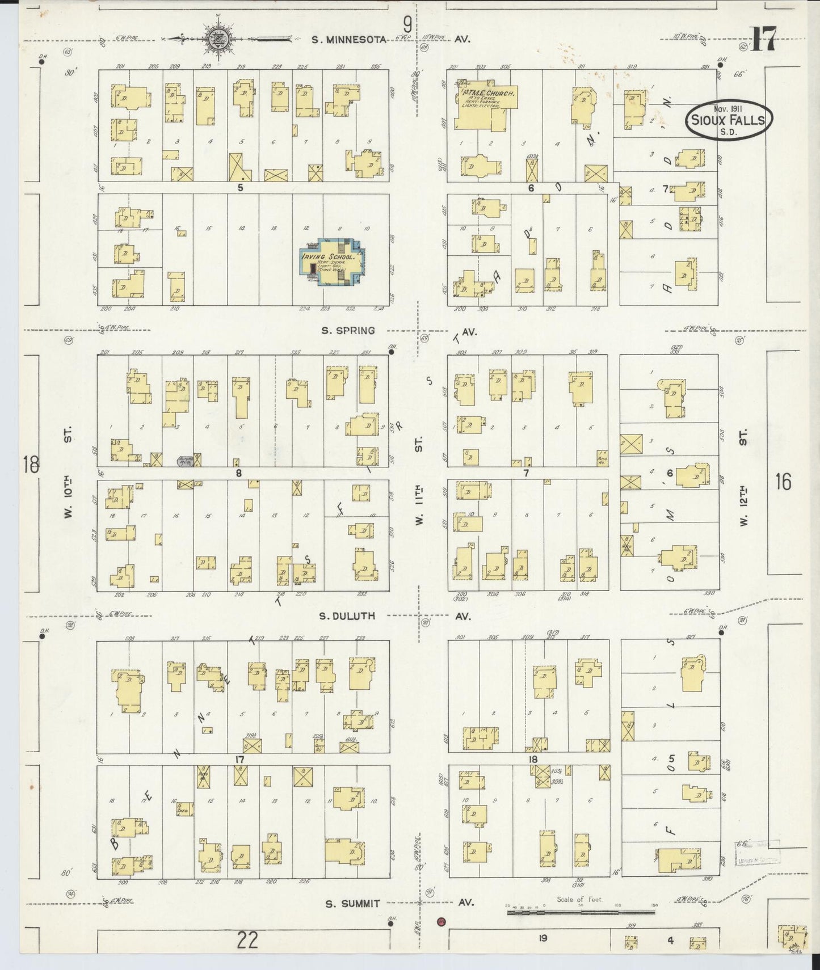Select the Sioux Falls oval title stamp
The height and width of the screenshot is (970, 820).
click(729, 119)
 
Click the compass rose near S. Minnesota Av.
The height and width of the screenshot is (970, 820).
click(216, 39)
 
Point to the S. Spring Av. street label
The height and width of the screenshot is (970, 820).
click(348, 331)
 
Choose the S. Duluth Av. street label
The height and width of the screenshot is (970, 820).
click(347, 616)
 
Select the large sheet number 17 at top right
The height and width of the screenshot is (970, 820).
click(763, 39)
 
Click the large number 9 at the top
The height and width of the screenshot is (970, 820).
click(407, 24)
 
